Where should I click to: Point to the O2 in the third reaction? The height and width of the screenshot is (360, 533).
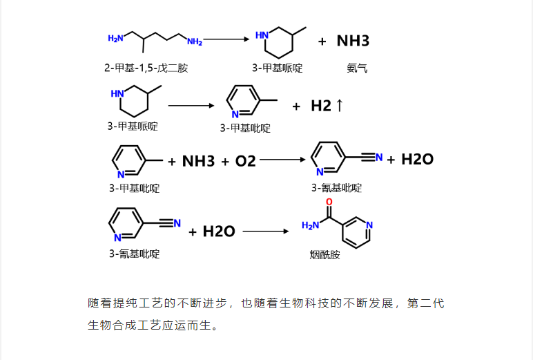[245, 161]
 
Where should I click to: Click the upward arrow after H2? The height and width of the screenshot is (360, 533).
[339, 106]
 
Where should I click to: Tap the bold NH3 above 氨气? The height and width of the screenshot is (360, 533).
[353, 41]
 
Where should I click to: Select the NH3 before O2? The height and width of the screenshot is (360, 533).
[198, 161]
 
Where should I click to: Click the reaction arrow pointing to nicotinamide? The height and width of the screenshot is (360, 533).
[266, 231]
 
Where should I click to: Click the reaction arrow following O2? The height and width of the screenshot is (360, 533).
[282, 160]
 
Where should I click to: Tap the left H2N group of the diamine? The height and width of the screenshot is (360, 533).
[115, 39]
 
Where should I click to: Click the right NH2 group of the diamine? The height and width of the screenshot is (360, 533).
[195, 42]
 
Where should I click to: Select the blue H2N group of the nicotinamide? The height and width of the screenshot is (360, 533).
[309, 225]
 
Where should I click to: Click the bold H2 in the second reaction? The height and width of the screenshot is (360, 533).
[321, 106]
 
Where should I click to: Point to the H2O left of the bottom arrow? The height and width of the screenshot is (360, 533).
[219, 231]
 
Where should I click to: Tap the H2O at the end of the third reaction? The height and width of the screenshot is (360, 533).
[417, 160]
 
